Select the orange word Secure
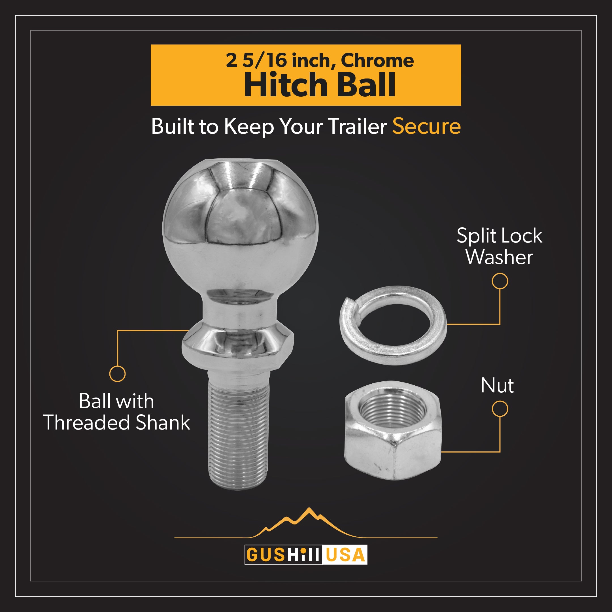426,126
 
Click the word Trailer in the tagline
357,126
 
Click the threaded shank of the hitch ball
238,431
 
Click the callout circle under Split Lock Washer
500,281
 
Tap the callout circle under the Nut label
500,409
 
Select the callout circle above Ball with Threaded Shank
117,374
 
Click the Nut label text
497,386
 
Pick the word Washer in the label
499,257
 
